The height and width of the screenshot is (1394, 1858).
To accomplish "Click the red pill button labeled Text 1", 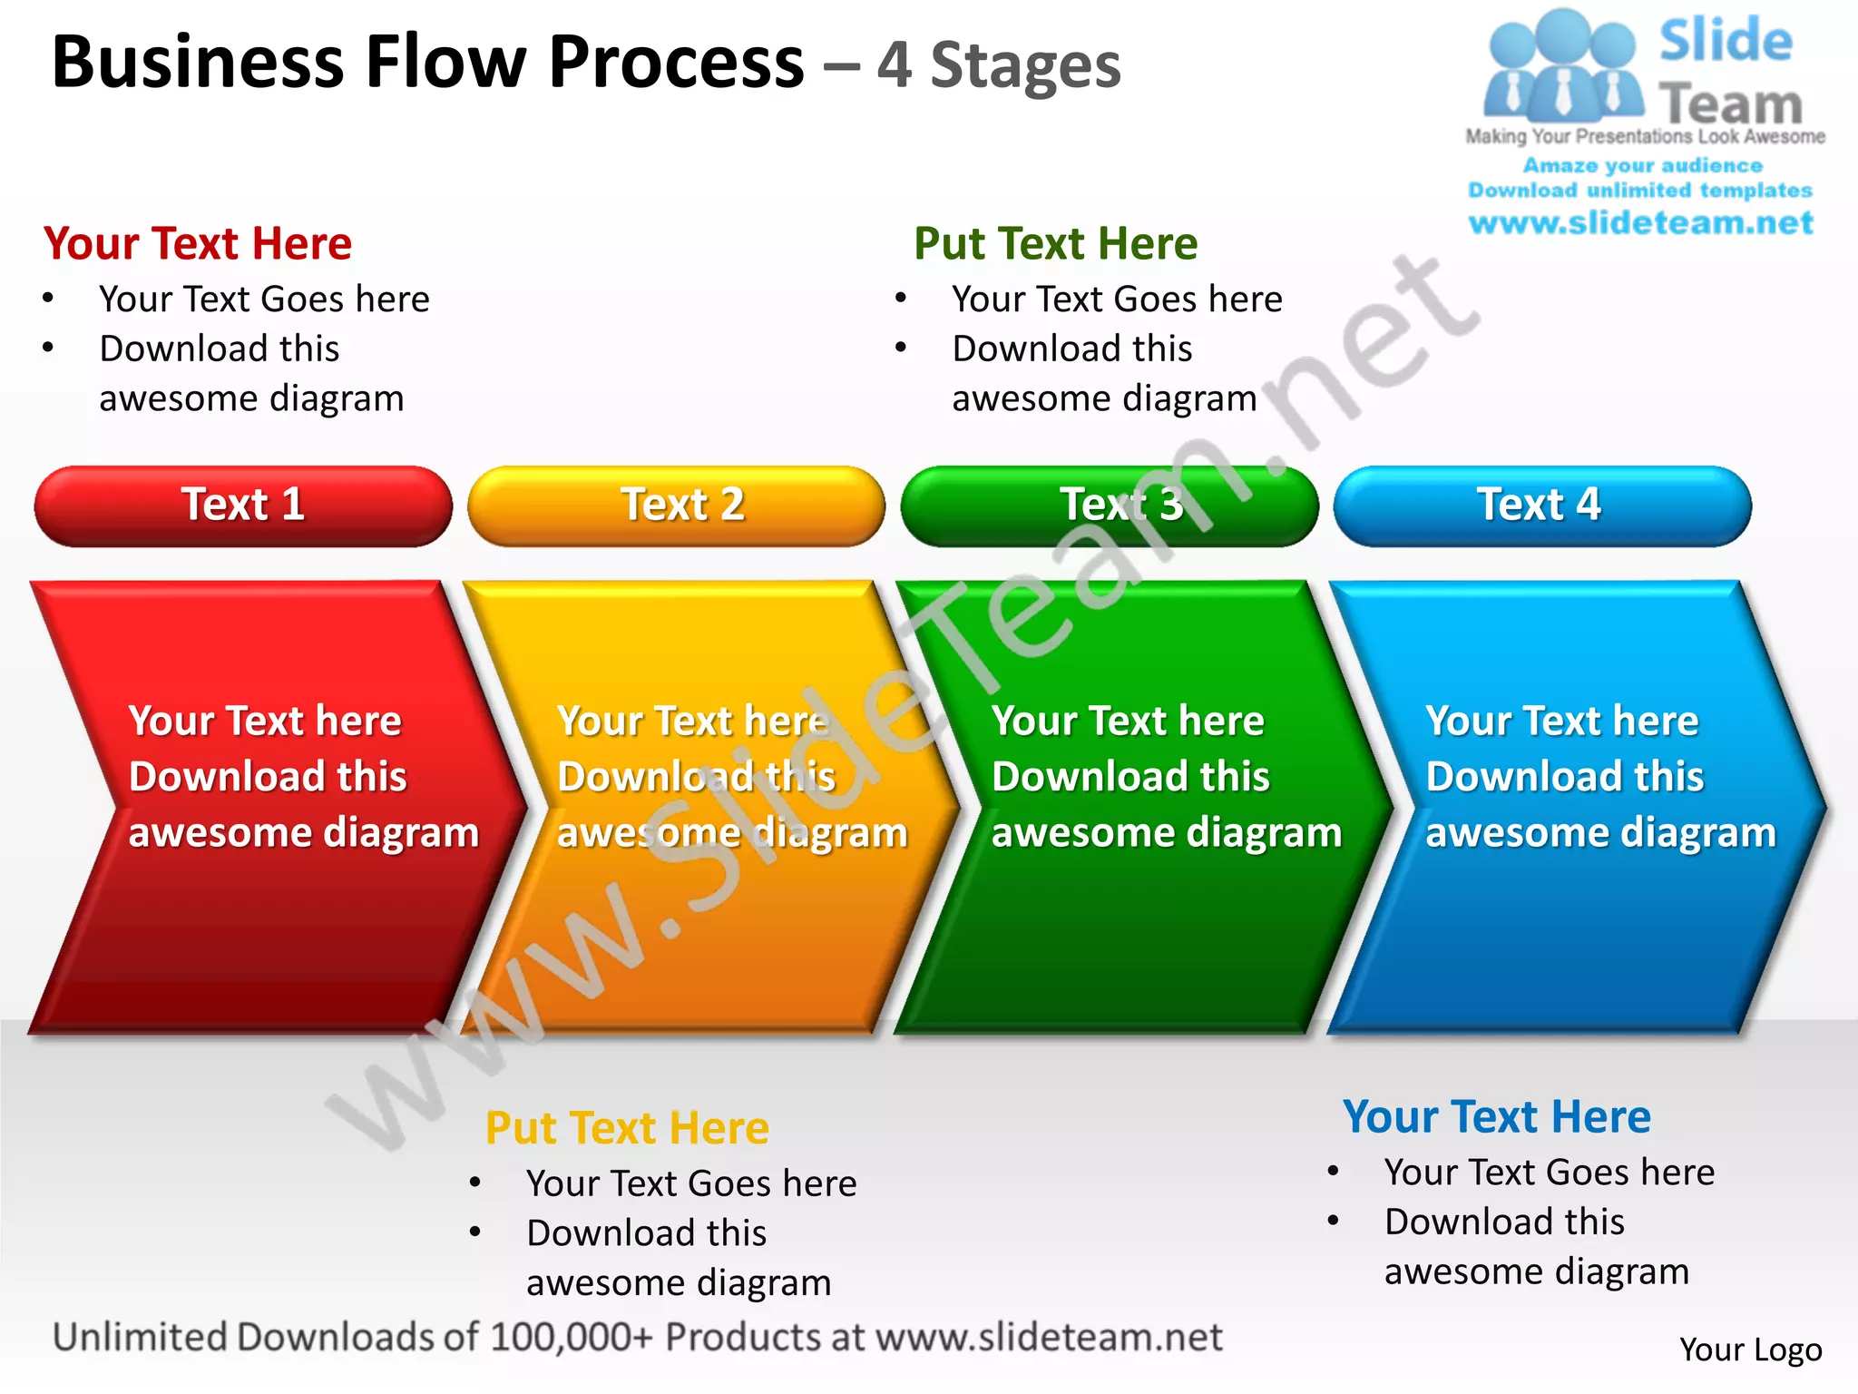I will point(243,506).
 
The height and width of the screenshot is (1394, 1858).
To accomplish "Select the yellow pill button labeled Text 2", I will point(677,506).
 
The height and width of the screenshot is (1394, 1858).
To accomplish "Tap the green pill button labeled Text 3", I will point(1109,506).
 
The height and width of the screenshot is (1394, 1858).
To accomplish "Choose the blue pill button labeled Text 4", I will point(1541,506).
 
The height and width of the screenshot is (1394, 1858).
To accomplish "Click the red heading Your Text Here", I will point(198,244).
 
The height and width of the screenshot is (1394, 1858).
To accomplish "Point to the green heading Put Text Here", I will point(1055,244).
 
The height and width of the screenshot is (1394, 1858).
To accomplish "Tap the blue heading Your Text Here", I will point(1496,1117).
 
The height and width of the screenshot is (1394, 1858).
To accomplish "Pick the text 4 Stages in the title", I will point(999,66).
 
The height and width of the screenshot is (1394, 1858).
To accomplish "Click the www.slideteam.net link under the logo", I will point(1640,223).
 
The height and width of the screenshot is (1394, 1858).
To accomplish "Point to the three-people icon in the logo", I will point(1562,68).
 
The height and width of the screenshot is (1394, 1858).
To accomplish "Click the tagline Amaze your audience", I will point(1642,166).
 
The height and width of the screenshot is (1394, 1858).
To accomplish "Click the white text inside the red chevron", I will point(303,777).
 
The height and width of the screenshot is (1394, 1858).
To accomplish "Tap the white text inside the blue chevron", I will point(1600,777).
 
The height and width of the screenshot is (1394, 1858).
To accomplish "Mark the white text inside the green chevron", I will point(1166,777).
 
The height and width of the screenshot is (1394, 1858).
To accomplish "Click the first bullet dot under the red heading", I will point(48,298).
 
